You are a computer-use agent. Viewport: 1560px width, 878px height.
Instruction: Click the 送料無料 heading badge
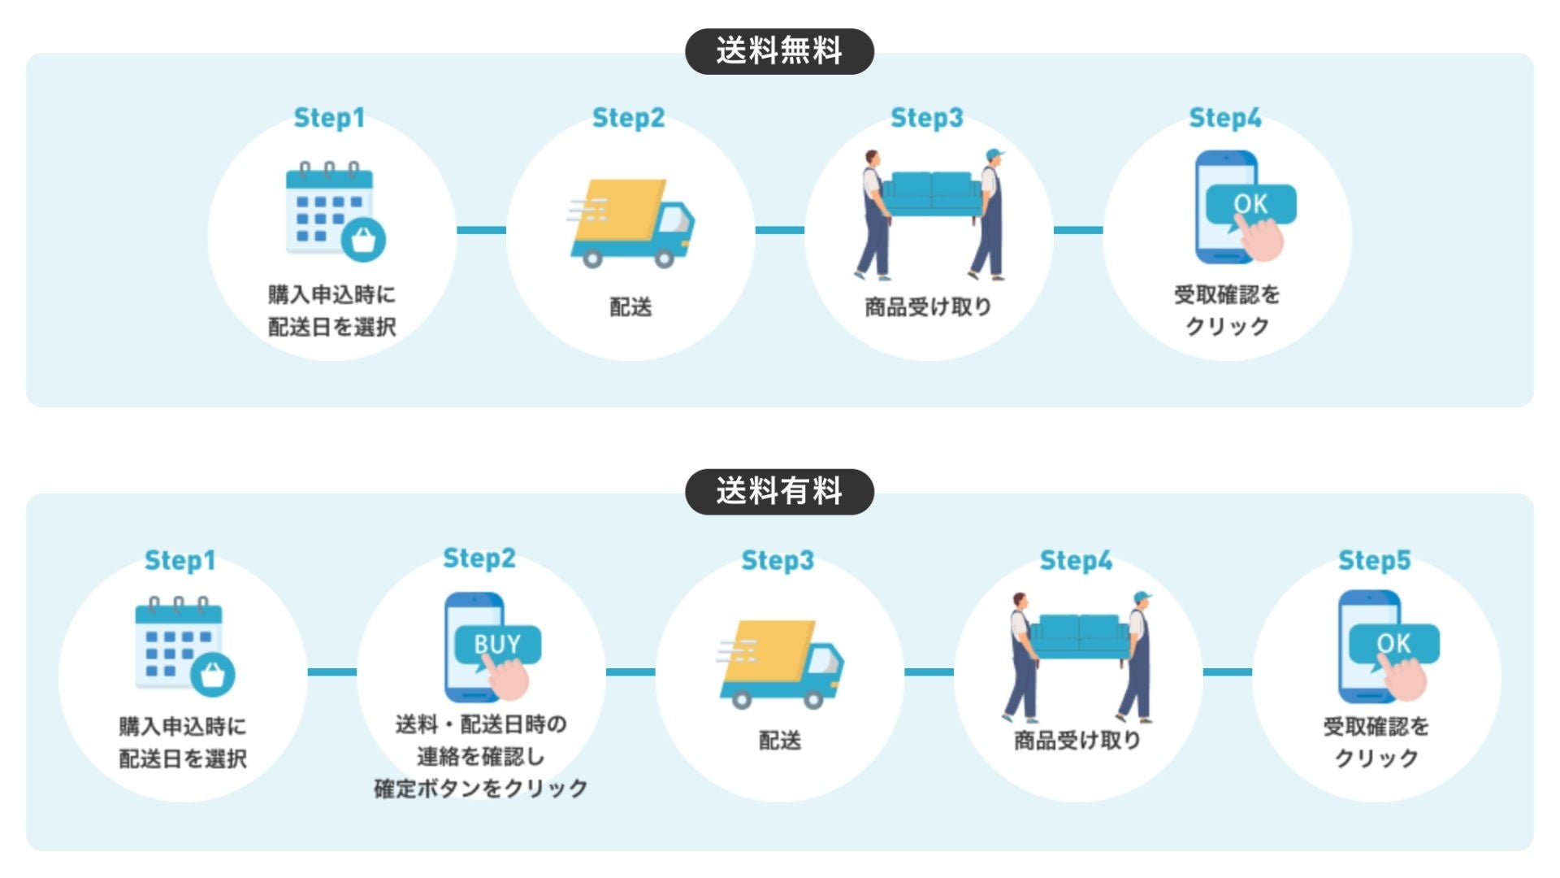[x=779, y=51]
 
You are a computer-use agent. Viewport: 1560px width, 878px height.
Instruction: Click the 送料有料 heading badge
[x=779, y=491]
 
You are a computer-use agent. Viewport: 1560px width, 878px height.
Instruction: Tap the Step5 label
[x=1374, y=560]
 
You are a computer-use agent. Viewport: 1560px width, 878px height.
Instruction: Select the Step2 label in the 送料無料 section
[x=628, y=118]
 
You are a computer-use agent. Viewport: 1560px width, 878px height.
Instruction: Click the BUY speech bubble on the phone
[x=497, y=645]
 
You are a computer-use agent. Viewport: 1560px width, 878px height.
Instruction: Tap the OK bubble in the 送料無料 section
[x=1250, y=204]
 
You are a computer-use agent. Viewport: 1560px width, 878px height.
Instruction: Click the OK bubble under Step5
[x=1393, y=643]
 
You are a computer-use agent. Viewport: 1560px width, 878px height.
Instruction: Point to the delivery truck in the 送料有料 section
[x=781, y=663]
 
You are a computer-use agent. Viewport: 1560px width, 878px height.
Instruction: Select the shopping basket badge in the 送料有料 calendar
[x=213, y=674]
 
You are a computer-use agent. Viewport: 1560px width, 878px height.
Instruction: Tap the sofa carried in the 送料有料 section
[x=1080, y=637]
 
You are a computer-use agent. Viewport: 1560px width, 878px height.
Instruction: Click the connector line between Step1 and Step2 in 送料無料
[x=481, y=230]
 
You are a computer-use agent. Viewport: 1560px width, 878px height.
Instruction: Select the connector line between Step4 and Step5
[x=1227, y=672]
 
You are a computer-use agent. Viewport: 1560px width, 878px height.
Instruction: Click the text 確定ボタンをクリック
[x=481, y=789]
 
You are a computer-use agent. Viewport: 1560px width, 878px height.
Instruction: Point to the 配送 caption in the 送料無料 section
[x=630, y=307]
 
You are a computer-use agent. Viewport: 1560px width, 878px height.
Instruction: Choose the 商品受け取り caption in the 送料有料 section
[x=1077, y=741]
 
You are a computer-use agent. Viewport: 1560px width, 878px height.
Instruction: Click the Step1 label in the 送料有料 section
[x=180, y=560]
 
